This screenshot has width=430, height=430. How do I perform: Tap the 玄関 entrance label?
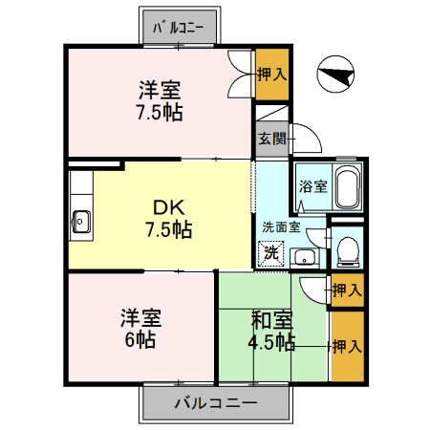click(x=270, y=138)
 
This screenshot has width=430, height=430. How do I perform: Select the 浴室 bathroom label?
click(x=313, y=185)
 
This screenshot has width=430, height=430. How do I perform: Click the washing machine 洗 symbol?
click(x=271, y=253)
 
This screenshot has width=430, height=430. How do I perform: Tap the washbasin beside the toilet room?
click(x=305, y=256)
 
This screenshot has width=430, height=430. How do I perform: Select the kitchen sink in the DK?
click(x=80, y=222)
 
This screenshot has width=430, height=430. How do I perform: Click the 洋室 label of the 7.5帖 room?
click(x=159, y=92)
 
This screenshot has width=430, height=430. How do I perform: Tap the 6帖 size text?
click(x=140, y=340)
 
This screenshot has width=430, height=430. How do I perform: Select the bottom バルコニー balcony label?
click(x=215, y=403)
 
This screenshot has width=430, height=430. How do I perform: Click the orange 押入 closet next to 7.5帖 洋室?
click(x=270, y=72)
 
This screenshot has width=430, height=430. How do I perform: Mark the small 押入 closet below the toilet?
click(x=346, y=290)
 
